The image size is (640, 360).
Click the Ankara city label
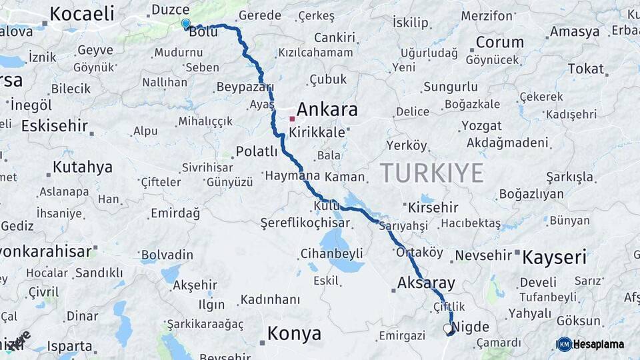[327, 110]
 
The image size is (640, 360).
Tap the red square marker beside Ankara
[292, 119]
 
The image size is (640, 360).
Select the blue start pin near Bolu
[185, 24]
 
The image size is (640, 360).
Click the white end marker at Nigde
[447, 328]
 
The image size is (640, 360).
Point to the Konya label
[294, 333]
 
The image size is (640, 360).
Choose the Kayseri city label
[554, 257]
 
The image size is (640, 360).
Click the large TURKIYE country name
[432, 173]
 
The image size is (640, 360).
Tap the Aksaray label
[426, 282]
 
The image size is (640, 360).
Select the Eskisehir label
[55, 125]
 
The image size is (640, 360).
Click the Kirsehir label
[433, 207]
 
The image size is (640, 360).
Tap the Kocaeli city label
[82, 13]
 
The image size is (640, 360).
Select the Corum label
[500, 42]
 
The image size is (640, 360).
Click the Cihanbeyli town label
[331, 253]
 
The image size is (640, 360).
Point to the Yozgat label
[481, 125]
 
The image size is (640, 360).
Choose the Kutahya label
[83, 167]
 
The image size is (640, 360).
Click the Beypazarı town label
[245, 87]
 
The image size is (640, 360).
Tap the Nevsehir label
[483, 255]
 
